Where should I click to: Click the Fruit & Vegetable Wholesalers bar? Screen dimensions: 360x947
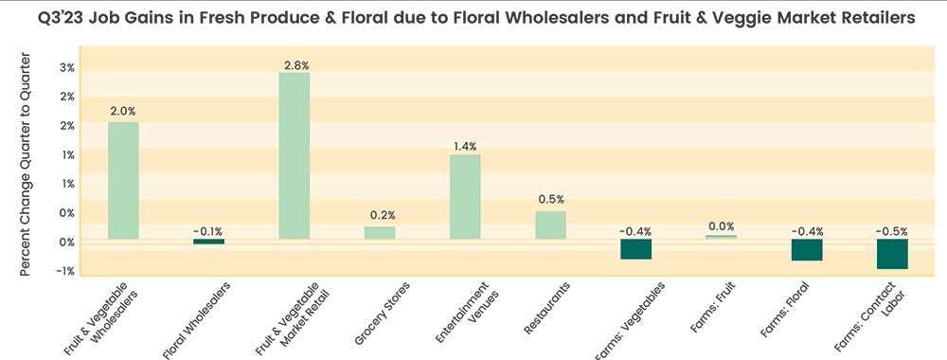[x=123, y=180]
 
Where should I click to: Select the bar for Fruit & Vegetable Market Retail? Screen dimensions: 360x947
[x=294, y=155]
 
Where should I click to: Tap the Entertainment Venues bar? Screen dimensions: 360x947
[x=465, y=196]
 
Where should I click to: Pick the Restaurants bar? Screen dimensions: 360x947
[x=550, y=225]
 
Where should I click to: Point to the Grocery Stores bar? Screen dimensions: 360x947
[x=380, y=232]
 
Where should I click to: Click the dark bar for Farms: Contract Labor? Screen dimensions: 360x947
[x=892, y=254]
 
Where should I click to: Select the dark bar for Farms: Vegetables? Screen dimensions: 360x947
[x=636, y=248]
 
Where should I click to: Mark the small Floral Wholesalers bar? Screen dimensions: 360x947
[x=209, y=242]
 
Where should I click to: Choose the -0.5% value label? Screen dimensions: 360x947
[x=892, y=229]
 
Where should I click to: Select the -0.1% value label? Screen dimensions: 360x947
[x=208, y=230]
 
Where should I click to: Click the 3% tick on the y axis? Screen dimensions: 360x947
[x=67, y=68]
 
